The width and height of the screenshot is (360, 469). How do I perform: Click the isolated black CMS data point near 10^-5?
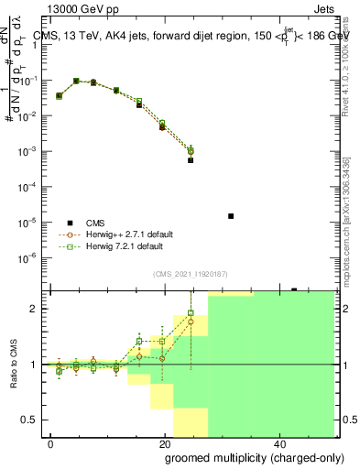click(231, 216)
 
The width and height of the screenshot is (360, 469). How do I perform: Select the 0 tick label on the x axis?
click(50, 444)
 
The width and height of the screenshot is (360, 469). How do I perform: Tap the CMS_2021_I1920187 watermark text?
click(190, 274)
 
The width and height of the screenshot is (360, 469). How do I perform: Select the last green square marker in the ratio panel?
click(191, 313)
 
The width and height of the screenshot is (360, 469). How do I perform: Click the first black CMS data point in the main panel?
click(60, 95)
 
